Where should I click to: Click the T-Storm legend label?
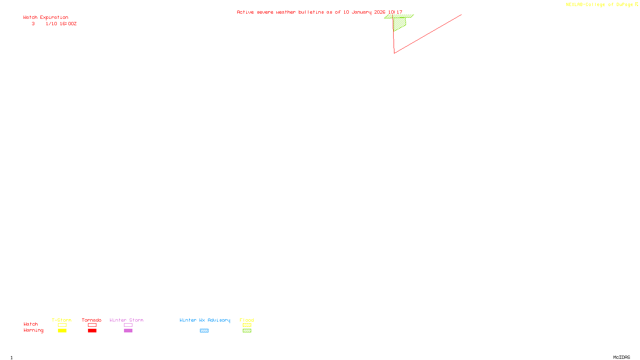coord(62,320)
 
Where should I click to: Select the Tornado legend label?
coord(92,320)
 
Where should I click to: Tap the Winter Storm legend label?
coord(126,320)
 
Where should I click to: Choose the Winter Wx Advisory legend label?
coord(205,320)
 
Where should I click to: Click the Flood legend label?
coord(247,320)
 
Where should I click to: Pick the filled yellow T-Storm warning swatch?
coord(62,331)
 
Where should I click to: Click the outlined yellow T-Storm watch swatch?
coord(62,325)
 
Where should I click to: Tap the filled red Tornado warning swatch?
coord(92,331)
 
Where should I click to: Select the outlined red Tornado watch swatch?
coord(92,325)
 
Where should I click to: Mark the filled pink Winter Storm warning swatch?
coord(128,331)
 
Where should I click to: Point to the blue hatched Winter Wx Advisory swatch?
coord(204,331)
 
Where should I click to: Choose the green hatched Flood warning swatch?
coord(247,331)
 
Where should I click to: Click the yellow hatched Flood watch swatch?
coord(247,325)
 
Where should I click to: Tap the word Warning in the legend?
coord(33,330)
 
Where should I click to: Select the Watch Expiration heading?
coord(46,18)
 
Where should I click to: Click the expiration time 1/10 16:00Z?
coord(61,24)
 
